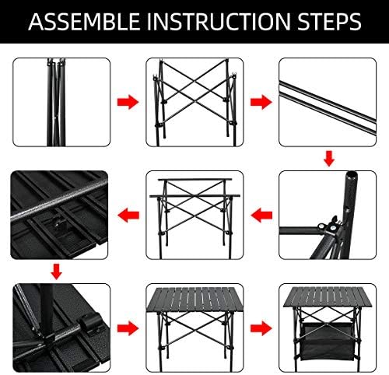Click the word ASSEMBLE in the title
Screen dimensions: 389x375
(84, 22)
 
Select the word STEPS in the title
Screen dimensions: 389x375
(329, 22)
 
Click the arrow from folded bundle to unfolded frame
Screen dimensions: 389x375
(128, 102)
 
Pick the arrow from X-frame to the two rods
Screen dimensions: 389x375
(261, 102)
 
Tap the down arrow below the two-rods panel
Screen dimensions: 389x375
(329, 159)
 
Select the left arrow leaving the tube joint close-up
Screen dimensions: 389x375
(261, 216)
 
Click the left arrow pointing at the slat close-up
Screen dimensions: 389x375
(128, 216)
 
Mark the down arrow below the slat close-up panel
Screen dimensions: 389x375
(56, 272)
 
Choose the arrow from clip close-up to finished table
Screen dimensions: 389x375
(128, 328)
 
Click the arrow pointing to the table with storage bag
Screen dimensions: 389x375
(261, 328)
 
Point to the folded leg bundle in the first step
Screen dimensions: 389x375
(56, 102)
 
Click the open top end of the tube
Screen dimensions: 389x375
(351, 174)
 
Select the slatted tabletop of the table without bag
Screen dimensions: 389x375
(194, 300)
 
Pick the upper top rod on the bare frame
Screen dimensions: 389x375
(194, 180)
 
